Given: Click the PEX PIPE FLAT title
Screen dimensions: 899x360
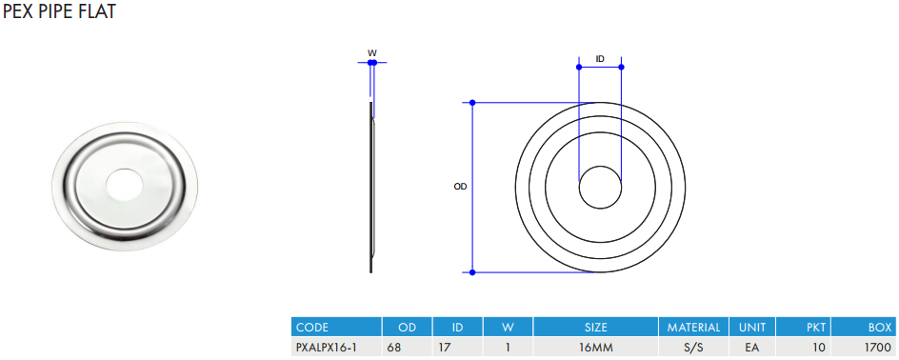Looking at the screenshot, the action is pyautogui.click(x=59, y=10).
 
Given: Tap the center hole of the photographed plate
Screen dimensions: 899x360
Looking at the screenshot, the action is pyautogui.click(x=125, y=185).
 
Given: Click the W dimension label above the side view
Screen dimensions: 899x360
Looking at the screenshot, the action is pyautogui.click(x=372, y=52).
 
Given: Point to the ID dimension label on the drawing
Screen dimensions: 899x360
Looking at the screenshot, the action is pyautogui.click(x=600, y=59).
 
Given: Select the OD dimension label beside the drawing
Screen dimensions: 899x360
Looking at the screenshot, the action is pyautogui.click(x=460, y=187).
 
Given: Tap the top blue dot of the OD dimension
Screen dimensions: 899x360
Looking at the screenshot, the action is pyautogui.click(x=472, y=103).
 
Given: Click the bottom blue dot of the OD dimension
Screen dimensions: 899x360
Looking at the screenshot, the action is pyautogui.click(x=472, y=272).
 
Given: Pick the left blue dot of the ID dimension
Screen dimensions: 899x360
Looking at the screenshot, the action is pyautogui.click(x=579, y=67).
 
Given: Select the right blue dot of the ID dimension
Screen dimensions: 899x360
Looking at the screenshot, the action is pyautogui.click(x=622, y=67).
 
